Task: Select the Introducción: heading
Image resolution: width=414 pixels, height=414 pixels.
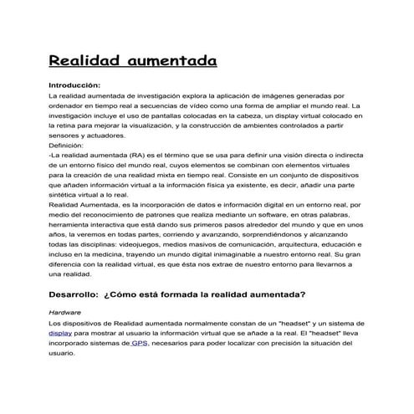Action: click(75, 85)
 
